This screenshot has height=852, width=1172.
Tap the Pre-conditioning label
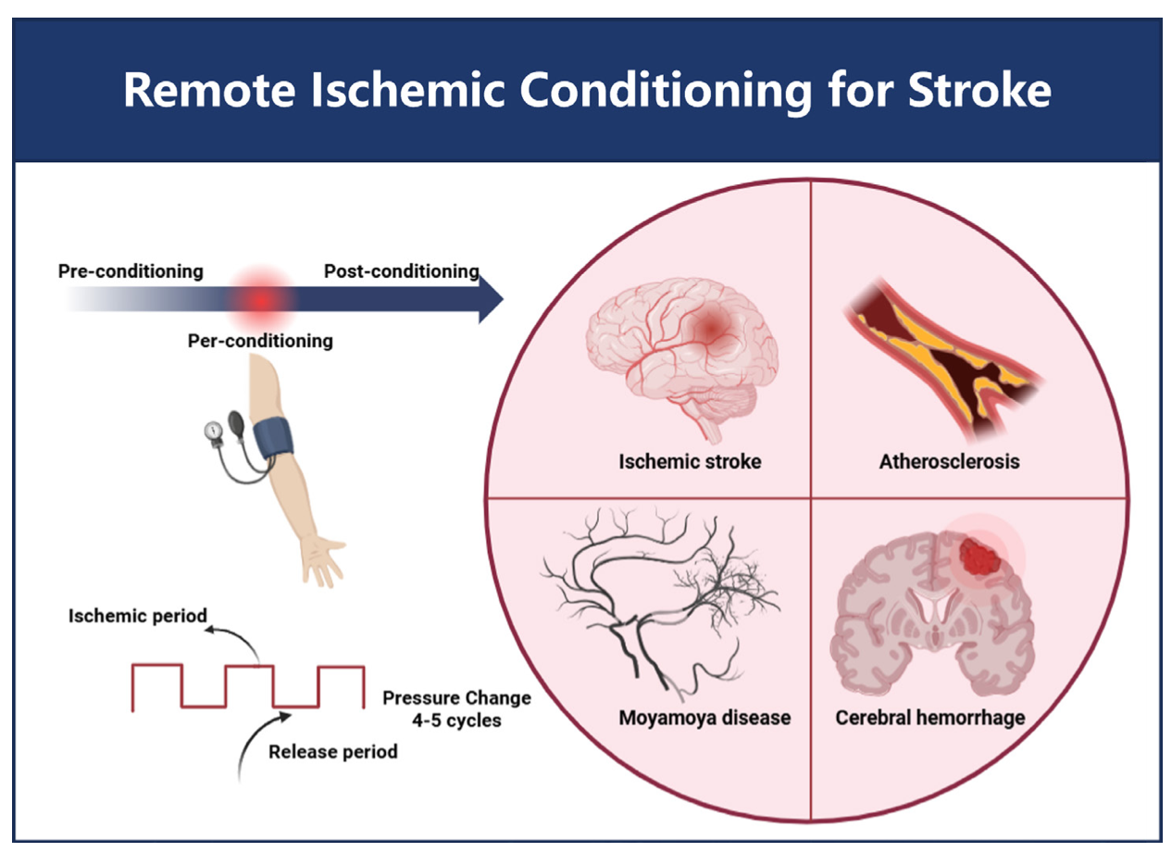point(131,271)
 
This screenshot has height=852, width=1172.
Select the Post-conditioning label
point(401,271)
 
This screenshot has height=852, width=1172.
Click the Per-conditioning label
point(260,341)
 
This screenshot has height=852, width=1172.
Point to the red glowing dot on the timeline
point(262,299)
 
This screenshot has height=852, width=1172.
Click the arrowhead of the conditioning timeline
point(490,299)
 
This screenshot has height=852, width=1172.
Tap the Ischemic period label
point(138,616)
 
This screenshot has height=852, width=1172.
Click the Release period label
point(333,751)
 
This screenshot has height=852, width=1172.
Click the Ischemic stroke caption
point(690,460)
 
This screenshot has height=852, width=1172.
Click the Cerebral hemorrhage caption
point(930,718)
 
